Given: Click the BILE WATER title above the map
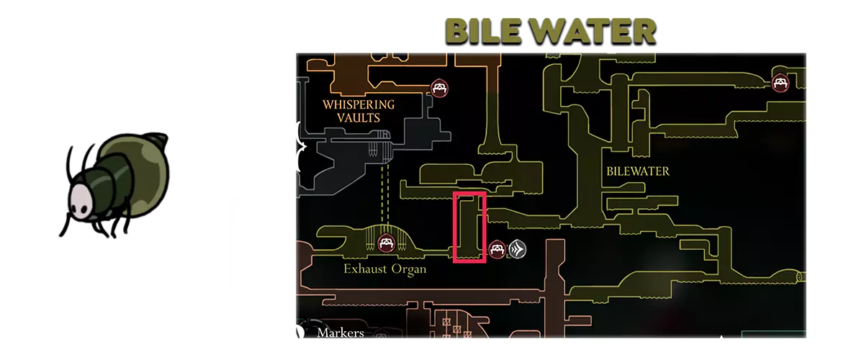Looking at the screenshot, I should (x=551, y=31).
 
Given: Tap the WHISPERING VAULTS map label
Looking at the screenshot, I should (x=359, y=110).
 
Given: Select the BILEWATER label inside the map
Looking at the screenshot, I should (x=638, y=171).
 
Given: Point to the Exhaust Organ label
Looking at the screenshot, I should (x=384, y=269).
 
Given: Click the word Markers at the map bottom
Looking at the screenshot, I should (x=341, y=333).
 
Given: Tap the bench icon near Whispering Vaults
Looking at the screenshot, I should (x=440, y=89).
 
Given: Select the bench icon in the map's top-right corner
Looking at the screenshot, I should (x=780, y=83).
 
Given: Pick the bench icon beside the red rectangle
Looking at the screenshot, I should (x=497, y=250).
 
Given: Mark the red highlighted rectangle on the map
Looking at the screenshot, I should (x=469, y=228).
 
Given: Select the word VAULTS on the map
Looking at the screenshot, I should (x=359, y=117).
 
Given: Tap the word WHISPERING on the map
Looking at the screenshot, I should (x=359, y=104).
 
